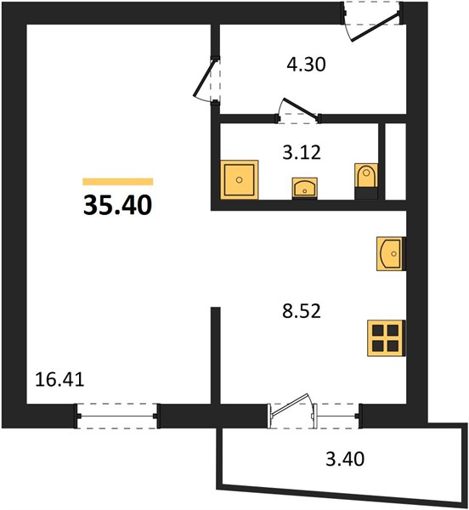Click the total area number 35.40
(117, 205)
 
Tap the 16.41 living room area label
(59, 380)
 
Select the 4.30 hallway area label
(306, 64)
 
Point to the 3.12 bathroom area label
(302, 152)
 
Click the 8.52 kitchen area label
(302, 310)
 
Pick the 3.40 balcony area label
(345, 459)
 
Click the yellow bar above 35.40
(117, 182)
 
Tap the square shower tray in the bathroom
(240, 180)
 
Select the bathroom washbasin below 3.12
(304, 189)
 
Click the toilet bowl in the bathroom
(366, 176)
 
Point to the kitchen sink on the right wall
(391, 253)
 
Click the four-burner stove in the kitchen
(386, 338)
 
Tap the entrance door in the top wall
(373, 22)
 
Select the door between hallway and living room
(207, 81)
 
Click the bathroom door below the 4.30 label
(298, 110)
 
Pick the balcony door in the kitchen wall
(291, 411)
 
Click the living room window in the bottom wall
(117, 416)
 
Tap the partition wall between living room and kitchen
(216, 355)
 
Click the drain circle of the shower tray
(240, 179)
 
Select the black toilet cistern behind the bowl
(366, 193)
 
